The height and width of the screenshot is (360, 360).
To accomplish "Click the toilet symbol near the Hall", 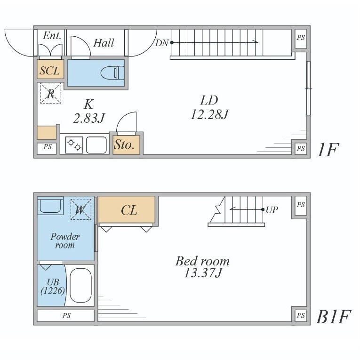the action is tap(112, 73).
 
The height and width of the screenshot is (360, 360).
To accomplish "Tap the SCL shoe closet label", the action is tap(49, 70).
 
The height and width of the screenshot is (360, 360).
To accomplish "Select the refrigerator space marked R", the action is tap(51, 93).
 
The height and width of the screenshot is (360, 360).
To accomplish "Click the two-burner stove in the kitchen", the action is tap(74, 145).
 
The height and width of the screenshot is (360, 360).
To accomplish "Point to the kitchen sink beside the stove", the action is tap(96, 145).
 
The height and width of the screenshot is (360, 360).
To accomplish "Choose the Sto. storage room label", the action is tap(124, 144).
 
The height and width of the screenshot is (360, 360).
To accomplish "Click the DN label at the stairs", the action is tap(162, 43).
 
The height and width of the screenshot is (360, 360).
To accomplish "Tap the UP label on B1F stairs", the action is tap(272, 209).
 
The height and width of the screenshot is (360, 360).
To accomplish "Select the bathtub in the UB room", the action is tap(80, 285).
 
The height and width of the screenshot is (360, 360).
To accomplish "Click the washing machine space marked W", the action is tap(81, 209).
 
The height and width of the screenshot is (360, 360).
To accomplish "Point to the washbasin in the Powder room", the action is tap(50, 206).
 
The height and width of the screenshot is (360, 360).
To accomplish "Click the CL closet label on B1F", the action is tap(129, 210).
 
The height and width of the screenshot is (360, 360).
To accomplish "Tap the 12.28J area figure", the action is tap(209, 114).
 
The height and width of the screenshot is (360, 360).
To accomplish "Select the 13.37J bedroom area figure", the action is tap(203, 273).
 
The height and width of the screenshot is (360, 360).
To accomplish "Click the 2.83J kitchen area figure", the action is tap(89, 118).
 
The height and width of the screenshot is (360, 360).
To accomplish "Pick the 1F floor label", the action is tap(328, 150).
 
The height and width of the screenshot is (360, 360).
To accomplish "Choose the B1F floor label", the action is tap(333, 317).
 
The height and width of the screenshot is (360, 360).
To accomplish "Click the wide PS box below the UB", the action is tap(66, 315).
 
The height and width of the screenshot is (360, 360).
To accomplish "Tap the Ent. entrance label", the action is tap(52, 36).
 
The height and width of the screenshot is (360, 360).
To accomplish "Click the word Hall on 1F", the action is tap(104, 43).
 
